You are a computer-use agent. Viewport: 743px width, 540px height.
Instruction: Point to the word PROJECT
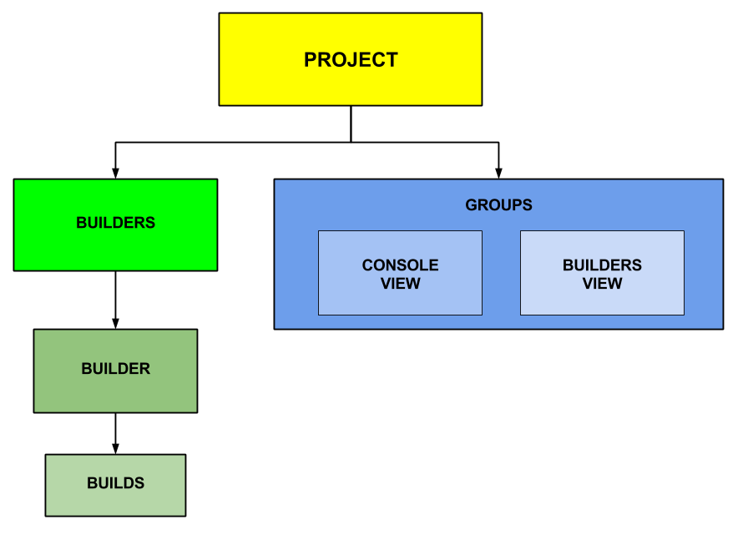click(x=351, y=60)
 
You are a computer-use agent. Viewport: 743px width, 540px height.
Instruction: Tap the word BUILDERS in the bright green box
click(x=115, y=223)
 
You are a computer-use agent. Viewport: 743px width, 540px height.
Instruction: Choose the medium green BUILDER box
click(x=115, y=392)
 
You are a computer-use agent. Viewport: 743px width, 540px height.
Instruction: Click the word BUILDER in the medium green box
click(x=115, y=369)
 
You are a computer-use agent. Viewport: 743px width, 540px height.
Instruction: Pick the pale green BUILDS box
click(x=115, y=502)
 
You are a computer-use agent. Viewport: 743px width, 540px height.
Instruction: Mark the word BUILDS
click(x=115, y=483)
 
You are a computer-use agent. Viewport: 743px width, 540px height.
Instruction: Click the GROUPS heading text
click(x=498, y=205)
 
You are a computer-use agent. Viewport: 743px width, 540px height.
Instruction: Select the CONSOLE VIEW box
click(x=400, y=301)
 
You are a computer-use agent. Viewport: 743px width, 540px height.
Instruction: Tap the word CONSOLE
click(x=400, y=265)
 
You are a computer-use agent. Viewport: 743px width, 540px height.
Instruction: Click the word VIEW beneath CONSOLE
click(x=400, y=284)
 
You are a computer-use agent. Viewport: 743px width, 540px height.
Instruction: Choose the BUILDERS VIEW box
click(x=602, y=301)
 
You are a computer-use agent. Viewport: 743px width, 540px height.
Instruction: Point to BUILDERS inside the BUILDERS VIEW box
click(x=602, y=265)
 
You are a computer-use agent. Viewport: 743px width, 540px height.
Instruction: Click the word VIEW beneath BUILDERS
click(x=602, y=284)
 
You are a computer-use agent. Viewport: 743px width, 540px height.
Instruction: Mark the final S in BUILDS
click(x=139, y=483)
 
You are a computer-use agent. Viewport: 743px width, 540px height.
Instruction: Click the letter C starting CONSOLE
click(x=367, y=265)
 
